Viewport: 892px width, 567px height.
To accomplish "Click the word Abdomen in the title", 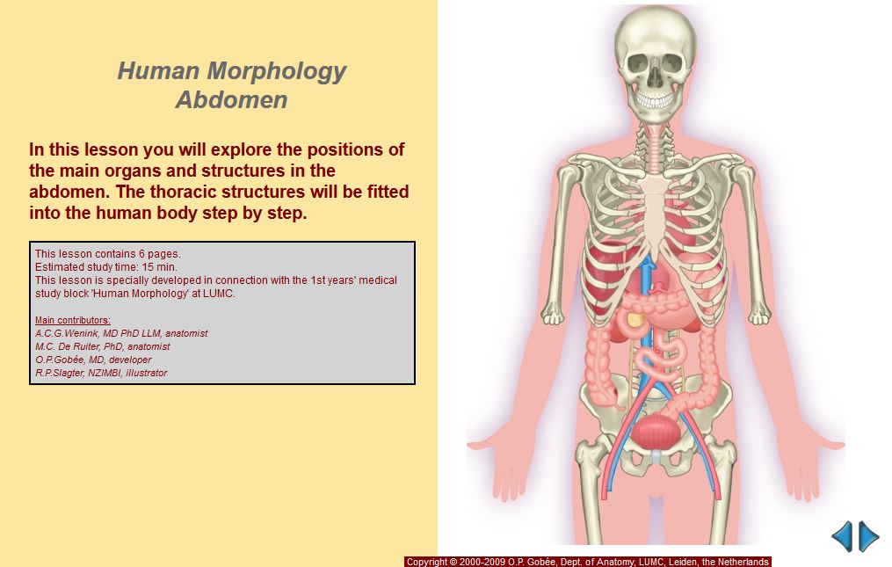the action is click(x=231, y=99).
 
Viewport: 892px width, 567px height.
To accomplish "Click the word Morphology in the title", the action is click(x=277, y=72).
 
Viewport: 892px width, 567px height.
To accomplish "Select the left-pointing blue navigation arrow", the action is click(x=843, y=536).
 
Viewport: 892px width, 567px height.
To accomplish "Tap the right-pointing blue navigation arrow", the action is click(x=868, y=536).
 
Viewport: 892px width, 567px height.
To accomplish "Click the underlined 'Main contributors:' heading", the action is click(x=73, y=320).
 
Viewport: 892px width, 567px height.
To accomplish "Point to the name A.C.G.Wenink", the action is click(x=66, y=333).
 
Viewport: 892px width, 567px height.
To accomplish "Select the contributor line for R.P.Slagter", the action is click(x=101, y=373).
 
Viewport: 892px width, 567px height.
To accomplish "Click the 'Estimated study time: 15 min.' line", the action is click(x=105, y=267).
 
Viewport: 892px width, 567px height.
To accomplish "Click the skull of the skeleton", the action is click(x=656, y=62).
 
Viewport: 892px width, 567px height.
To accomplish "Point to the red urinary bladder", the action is click(x=656, y=432).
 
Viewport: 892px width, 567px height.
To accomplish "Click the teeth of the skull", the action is click(x=656, y=101).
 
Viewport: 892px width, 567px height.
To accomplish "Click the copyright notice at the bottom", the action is click(x=588, y=562).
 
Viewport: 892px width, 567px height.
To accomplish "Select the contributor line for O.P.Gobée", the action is click(x=93, y=360).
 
